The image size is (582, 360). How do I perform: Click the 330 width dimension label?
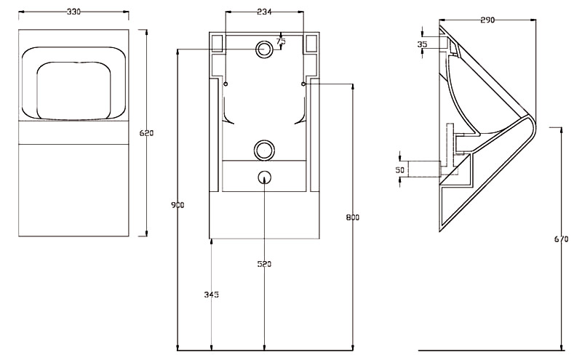tap(73, 12)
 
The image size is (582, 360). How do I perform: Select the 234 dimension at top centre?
tap(264, 12)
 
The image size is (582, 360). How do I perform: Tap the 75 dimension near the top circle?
tap(282, 41)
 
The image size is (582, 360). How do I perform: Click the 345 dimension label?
tap(211, 295)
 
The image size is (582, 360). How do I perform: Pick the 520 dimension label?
tap(264, 264)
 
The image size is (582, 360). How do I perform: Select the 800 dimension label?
tap(353, 217)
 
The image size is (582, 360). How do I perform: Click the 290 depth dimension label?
tap(487, 20)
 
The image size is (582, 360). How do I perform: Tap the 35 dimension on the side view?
tap(423, 44)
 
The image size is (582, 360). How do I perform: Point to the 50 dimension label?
tap(399, 169)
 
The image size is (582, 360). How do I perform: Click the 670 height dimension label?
tap(560, 238)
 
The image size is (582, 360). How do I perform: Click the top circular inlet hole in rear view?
tap(264, 49)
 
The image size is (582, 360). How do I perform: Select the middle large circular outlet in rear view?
tap(264, 150)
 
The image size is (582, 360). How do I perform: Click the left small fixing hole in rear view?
tap(226, 84)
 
